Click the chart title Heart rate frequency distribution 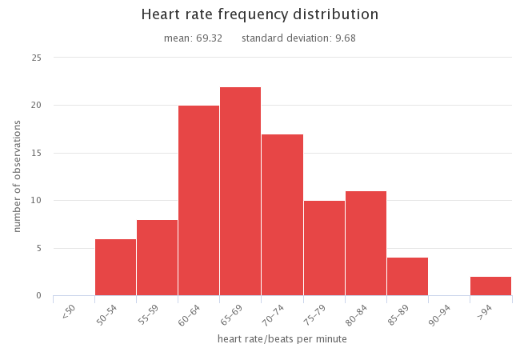point(259,14)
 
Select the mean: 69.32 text point(193,38)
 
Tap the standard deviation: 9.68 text point(298,38)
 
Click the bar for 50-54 point(115,267)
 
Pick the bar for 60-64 point(198,201)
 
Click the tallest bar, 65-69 point(240,191)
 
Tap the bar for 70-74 point(282,215)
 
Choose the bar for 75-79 point(323,248)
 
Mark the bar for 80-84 point(366,243)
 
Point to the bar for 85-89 point(407,277)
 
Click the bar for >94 point(490,286)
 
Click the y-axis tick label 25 point(37,58)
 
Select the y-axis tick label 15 point(37,153)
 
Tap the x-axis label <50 point(69,311)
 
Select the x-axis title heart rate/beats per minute point(282,339)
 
